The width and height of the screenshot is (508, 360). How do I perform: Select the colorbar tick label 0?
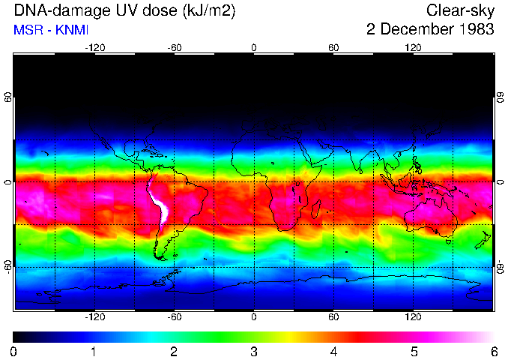click(14, 350)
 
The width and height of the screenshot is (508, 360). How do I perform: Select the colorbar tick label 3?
click(254, 350)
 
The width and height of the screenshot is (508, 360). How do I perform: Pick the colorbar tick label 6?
click(493, 350)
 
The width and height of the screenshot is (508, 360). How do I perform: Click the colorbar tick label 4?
click(333, 350)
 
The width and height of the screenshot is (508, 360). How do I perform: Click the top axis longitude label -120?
click(94, 47)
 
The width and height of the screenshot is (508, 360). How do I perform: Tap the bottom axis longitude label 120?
click(413, 317)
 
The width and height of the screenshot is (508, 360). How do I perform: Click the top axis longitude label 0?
click(254, 47)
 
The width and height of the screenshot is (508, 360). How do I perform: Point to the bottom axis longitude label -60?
click(174, 317)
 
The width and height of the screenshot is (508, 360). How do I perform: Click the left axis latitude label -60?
click(8, 264)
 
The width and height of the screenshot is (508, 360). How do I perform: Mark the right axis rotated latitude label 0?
click(500, 182)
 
